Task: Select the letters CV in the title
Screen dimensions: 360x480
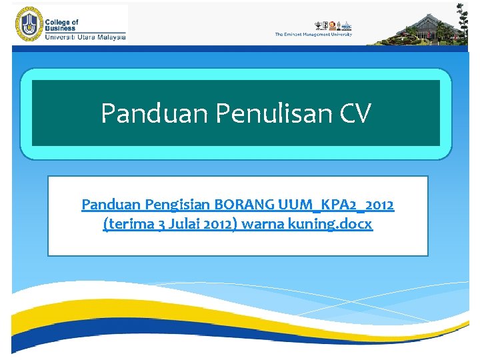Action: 355,113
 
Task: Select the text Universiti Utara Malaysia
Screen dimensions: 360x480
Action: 85,37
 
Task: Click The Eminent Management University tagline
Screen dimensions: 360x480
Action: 313,34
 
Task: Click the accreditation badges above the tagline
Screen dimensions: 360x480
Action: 332,25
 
